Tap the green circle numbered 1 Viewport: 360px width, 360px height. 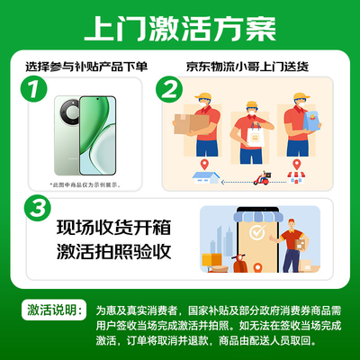tap(33, 91)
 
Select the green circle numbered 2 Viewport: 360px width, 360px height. tap(168, 91)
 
